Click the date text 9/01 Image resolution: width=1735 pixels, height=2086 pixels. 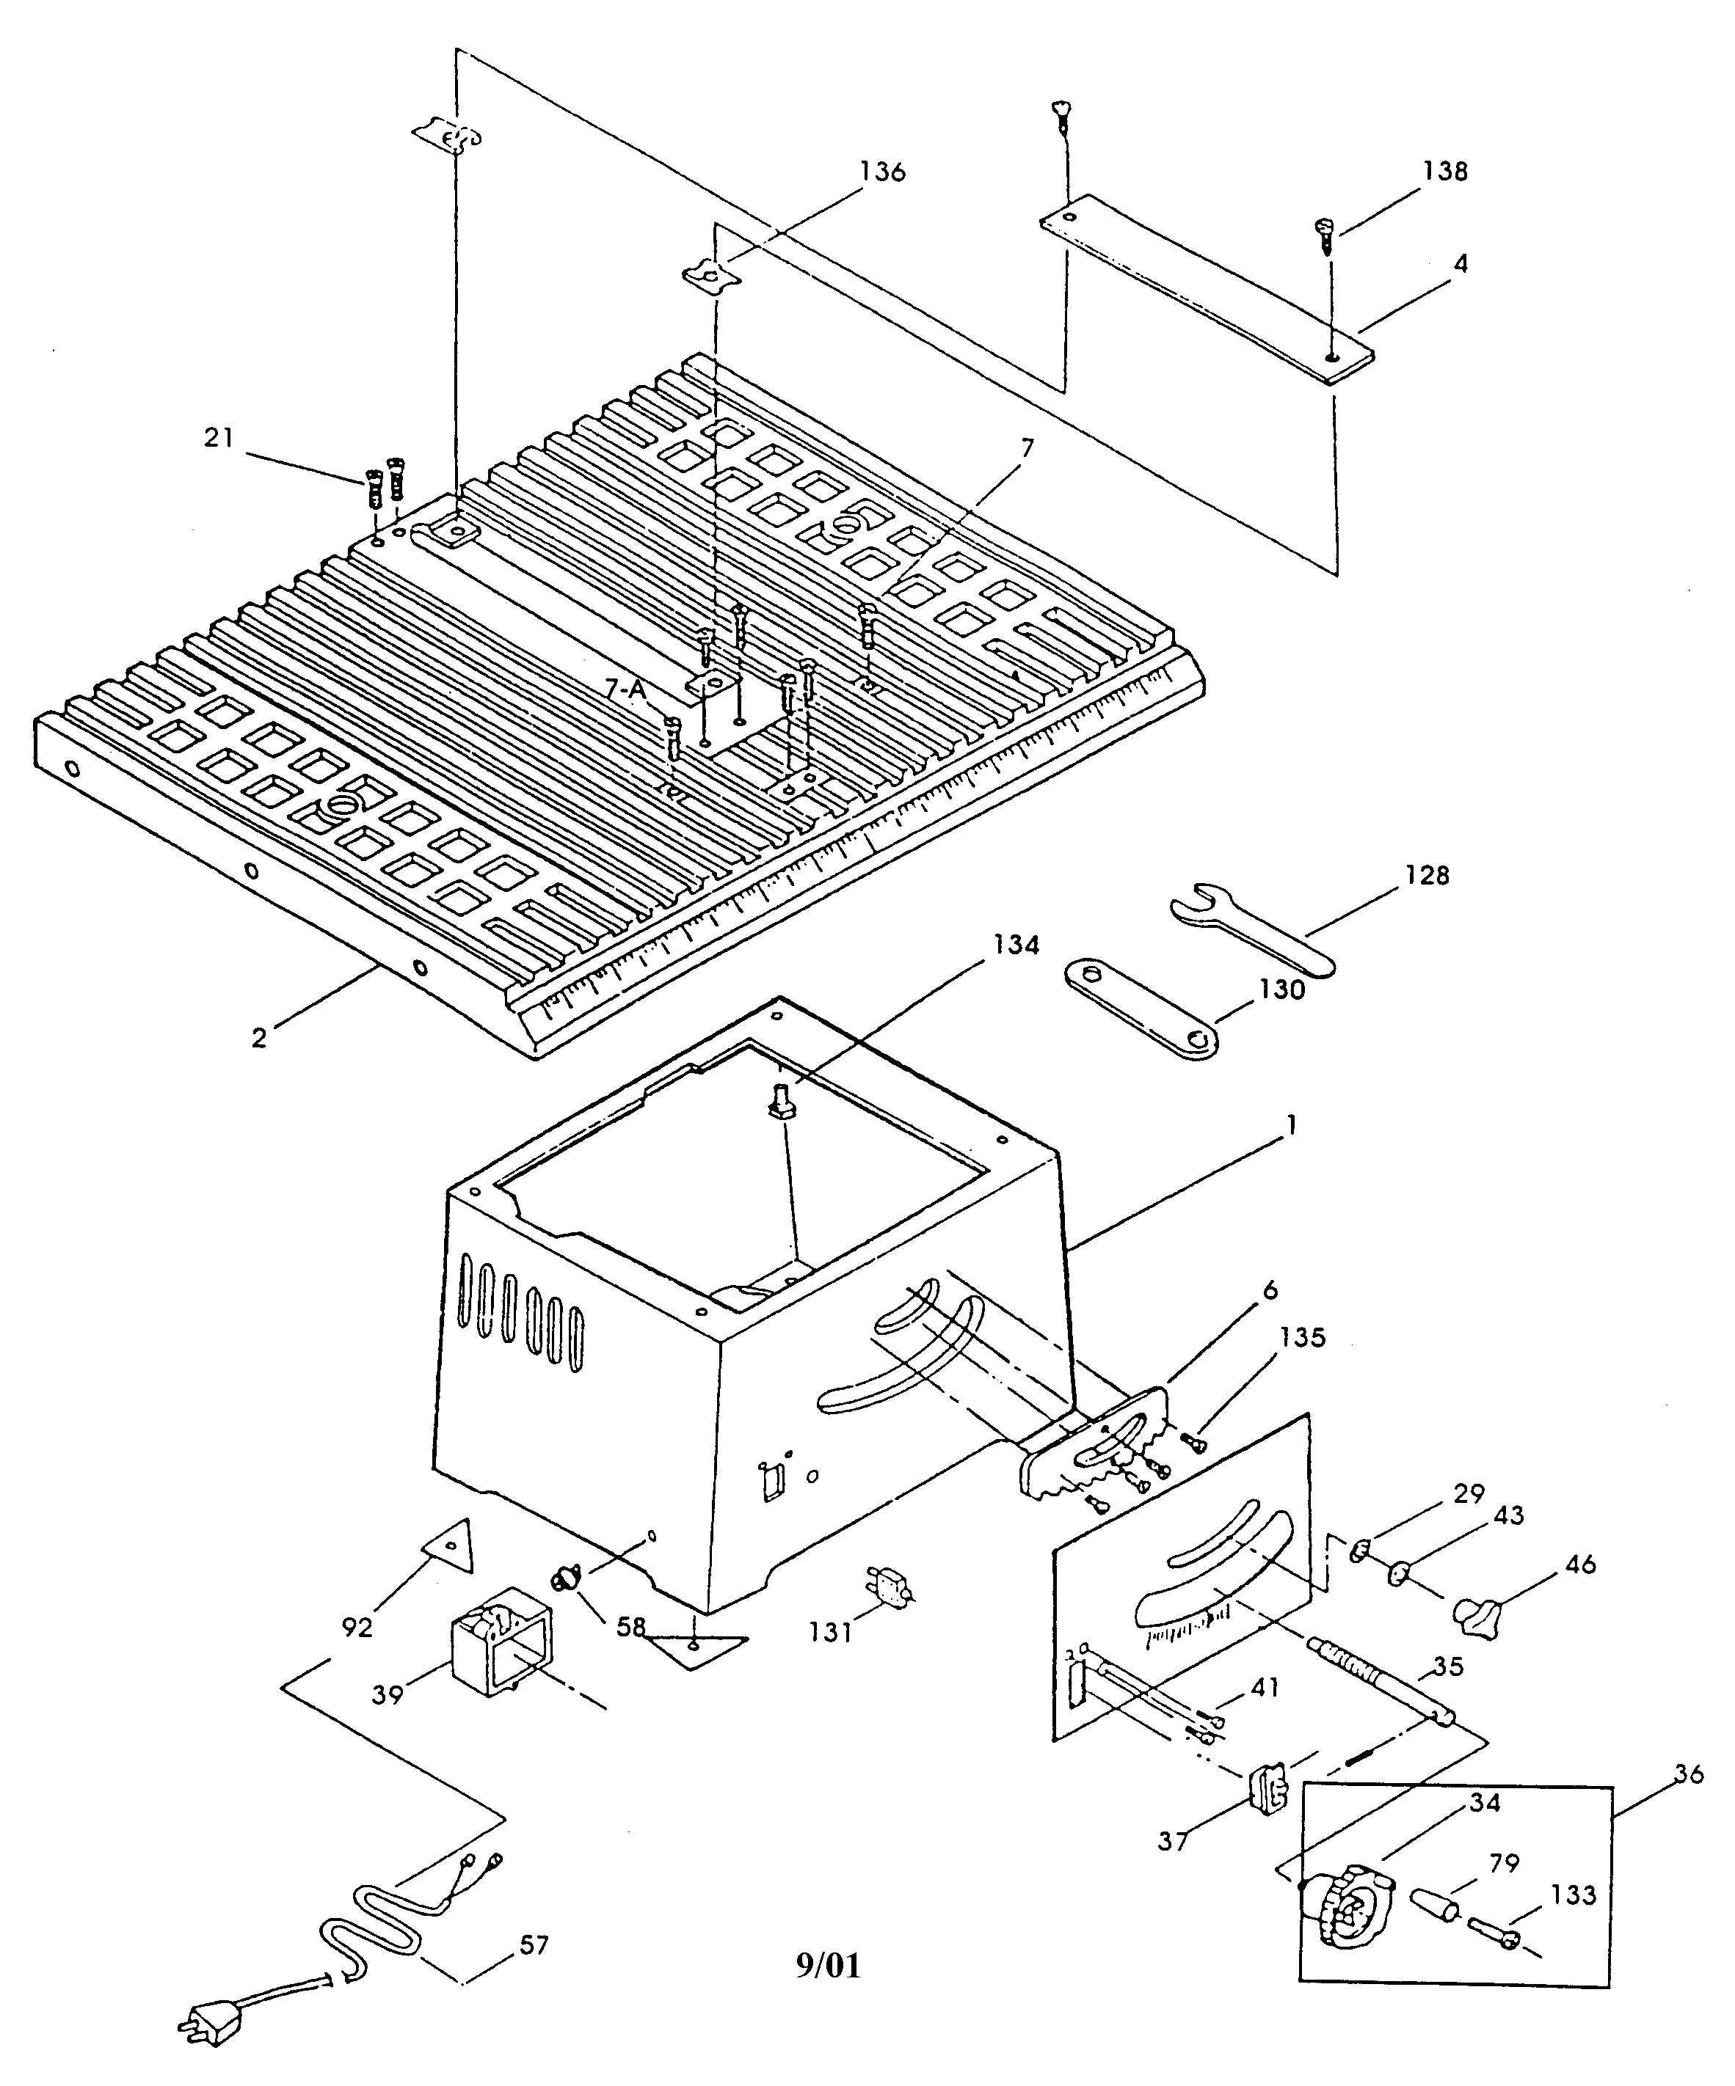point(828,1965)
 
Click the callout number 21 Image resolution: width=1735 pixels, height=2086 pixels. point(218,437)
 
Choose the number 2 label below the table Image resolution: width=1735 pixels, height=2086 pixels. point(258,1038)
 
